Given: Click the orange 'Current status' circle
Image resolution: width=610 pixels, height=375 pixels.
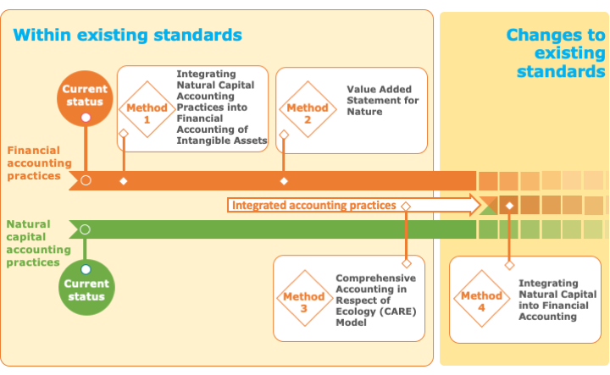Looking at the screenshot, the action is pos(85,98).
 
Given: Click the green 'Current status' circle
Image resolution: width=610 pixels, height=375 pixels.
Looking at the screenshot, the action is pos(86,287).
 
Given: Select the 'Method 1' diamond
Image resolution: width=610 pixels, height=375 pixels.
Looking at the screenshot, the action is pos(147,109).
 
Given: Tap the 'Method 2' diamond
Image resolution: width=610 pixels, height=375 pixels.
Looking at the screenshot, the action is pos(308,109).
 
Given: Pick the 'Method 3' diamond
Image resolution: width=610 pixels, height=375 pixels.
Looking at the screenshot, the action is pos(305,298).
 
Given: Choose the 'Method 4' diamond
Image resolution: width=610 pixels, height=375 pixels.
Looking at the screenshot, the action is pos(481,298).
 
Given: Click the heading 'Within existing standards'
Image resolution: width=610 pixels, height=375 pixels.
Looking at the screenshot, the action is pos(128,35).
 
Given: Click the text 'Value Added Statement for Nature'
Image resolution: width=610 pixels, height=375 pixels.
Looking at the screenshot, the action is pos(382,101).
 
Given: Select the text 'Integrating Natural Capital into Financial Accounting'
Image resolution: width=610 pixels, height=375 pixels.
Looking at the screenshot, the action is pos(557,300).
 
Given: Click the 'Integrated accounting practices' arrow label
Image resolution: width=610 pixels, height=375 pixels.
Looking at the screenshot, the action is pos(314,205).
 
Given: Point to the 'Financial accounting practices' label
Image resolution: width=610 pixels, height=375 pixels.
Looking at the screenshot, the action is pos(39,163).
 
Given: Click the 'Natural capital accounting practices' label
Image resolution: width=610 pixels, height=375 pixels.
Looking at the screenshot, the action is pos(38,243).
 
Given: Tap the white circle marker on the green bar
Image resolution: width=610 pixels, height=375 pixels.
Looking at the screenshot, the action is pos(85,229).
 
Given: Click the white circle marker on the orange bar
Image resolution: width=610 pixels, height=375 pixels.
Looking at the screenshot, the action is pos(86,180).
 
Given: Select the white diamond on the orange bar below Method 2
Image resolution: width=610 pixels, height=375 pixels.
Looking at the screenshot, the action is pos(284,181).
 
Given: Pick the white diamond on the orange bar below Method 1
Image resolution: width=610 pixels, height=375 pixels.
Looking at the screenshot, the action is pos(124,181).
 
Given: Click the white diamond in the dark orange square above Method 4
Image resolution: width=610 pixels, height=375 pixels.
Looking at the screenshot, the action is pos(509,206).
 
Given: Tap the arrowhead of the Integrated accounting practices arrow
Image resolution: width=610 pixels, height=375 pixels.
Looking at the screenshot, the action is pos(476,205).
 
